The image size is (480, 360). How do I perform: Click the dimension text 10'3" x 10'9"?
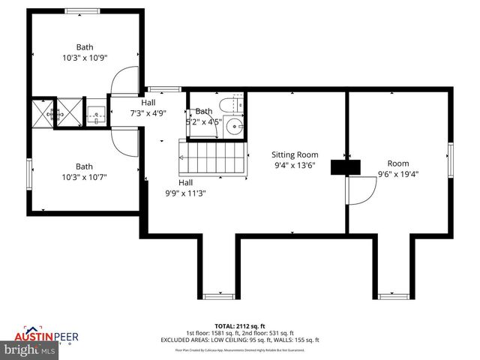point(85,58)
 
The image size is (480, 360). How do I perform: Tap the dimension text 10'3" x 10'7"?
point(85,178)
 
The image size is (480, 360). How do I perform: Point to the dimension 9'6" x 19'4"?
point(398,174)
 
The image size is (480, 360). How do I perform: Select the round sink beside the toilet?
point(235,126)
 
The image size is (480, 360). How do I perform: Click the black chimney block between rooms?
point(345,167)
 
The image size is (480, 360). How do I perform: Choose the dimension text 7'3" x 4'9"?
point(148,113)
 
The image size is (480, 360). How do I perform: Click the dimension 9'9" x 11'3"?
point(184,193)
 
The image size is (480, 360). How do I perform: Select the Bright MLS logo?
point(29,349)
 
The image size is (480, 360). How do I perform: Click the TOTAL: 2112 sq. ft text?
point(239,325)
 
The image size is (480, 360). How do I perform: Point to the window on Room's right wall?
point(451,161)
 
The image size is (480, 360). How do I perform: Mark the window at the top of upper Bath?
point(83,10)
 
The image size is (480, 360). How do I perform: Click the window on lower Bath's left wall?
point(28,175)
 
